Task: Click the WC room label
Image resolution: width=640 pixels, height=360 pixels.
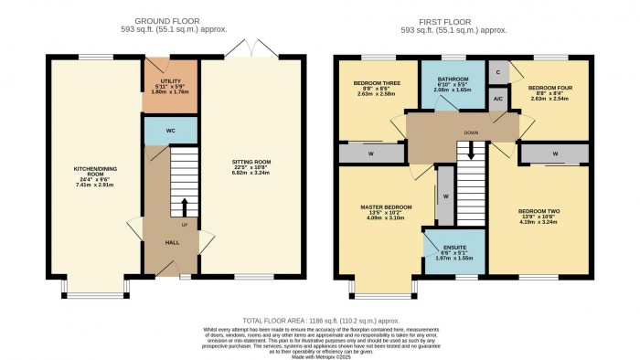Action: click(170, 131)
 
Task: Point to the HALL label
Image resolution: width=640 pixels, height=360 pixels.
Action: click(173, 243)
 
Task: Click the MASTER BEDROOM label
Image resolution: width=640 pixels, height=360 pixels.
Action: click(378, 207)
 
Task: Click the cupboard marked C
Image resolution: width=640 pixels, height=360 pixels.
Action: click(498, 71)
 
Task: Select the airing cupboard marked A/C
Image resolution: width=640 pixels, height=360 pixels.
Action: click(498, 99)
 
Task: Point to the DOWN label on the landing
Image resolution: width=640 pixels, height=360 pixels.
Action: click(472, 132)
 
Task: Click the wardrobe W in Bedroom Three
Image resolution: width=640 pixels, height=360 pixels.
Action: click(371, 154)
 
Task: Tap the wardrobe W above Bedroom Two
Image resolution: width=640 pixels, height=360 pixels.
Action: click(555, 153)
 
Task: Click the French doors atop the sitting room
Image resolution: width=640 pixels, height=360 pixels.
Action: click(250, 49)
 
